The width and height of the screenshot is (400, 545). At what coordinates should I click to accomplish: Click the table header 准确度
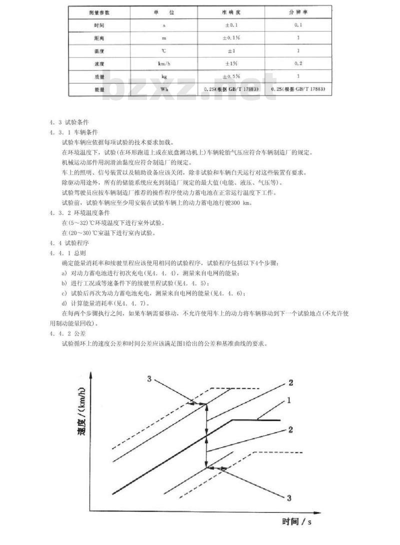point(231,11)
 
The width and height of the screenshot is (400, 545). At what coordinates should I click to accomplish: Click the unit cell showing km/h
point(163,63)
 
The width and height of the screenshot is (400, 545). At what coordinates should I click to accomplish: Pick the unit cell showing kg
point(163,76)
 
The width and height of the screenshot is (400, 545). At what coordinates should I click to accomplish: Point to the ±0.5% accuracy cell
point(231,76)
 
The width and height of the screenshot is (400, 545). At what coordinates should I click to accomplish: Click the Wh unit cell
point(163,89)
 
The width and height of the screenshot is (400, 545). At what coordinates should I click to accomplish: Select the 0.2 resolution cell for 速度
point(298,63)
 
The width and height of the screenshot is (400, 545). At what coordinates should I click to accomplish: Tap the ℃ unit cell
point(163,50)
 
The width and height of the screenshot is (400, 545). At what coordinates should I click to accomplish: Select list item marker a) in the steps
point(64,273)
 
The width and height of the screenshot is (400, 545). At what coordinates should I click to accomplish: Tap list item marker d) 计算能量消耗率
point(64,303)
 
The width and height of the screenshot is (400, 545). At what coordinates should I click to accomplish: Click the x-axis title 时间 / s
point(296,522)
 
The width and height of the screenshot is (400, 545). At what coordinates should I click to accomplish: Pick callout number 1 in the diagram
point(288,400)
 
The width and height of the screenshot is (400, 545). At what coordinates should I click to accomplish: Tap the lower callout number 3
point(288,497)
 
